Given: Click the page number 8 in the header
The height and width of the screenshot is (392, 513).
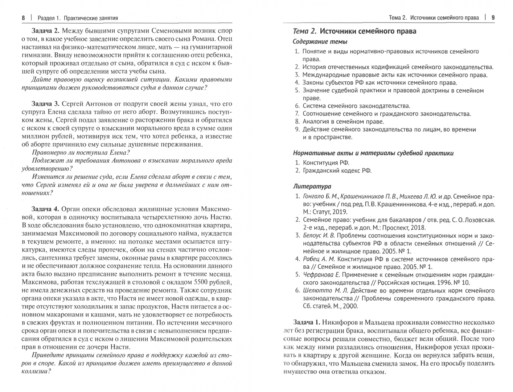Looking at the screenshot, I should click(23, 17).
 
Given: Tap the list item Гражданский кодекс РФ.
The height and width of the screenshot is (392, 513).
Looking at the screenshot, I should click(337, 171).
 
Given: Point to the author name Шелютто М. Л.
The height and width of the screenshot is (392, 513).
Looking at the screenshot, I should click(325, 290).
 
